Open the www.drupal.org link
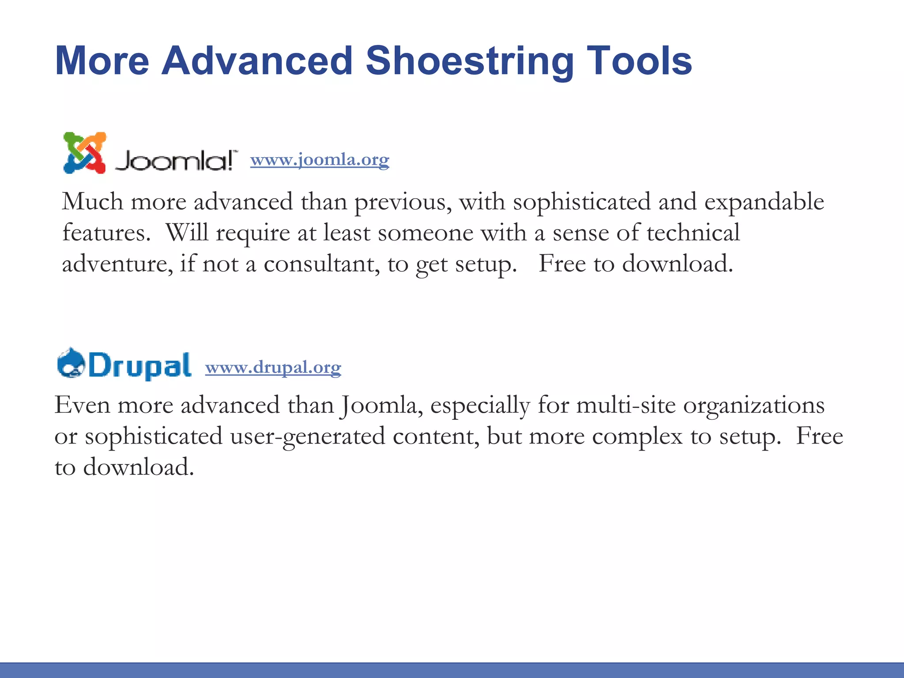pos(273,367)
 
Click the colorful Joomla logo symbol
pos(85,153)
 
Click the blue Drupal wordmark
pos(140,365)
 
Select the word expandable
pos(764,202)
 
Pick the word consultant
pos(321,264)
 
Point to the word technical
pos(693,233)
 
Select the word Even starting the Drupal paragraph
pos(82,406)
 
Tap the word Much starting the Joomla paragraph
pos(92,202)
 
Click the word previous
pos(403,202)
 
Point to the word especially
pos(480,406)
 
